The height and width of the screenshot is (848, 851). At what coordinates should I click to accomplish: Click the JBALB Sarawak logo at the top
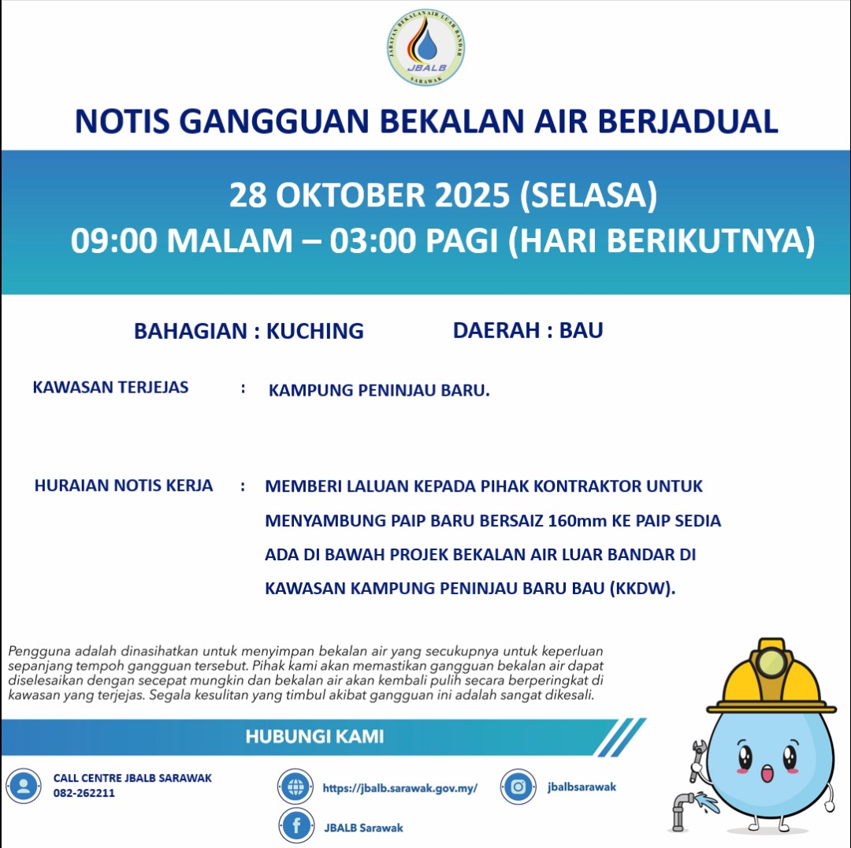point(426,49)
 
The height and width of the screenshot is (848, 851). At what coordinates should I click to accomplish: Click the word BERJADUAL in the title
point(688,121)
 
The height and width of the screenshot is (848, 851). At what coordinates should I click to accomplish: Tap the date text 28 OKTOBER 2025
point(370,195)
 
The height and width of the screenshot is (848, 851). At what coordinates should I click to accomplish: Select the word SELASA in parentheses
point(588,195)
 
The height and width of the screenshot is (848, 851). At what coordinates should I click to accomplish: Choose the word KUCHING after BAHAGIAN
point(314,331)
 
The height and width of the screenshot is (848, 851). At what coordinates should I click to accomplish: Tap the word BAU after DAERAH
point(581,330)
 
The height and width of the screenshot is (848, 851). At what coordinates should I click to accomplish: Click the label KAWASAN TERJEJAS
point(110,388)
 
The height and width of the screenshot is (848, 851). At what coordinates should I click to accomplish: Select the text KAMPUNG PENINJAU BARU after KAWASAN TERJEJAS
point(378,391)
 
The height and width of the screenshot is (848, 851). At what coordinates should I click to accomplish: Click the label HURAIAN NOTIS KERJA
point(124,485)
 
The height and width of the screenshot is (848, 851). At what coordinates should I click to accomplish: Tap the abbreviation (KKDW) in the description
point(642,589)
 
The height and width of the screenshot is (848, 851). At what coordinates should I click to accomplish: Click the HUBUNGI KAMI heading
point(314,737)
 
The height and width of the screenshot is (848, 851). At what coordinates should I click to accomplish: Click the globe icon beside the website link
point(295,787)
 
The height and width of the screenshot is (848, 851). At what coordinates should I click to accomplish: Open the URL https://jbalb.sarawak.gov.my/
point(400,787)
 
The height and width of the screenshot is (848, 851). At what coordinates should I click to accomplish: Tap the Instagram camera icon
point(518,787)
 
